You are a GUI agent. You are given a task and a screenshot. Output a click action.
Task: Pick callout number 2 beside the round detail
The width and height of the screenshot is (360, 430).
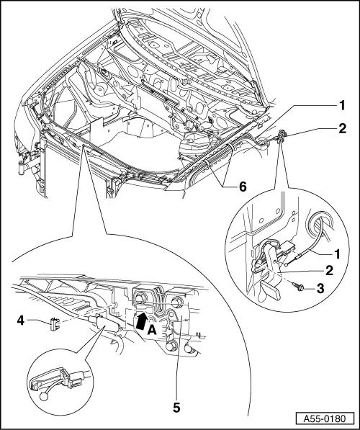click(329, 272)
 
